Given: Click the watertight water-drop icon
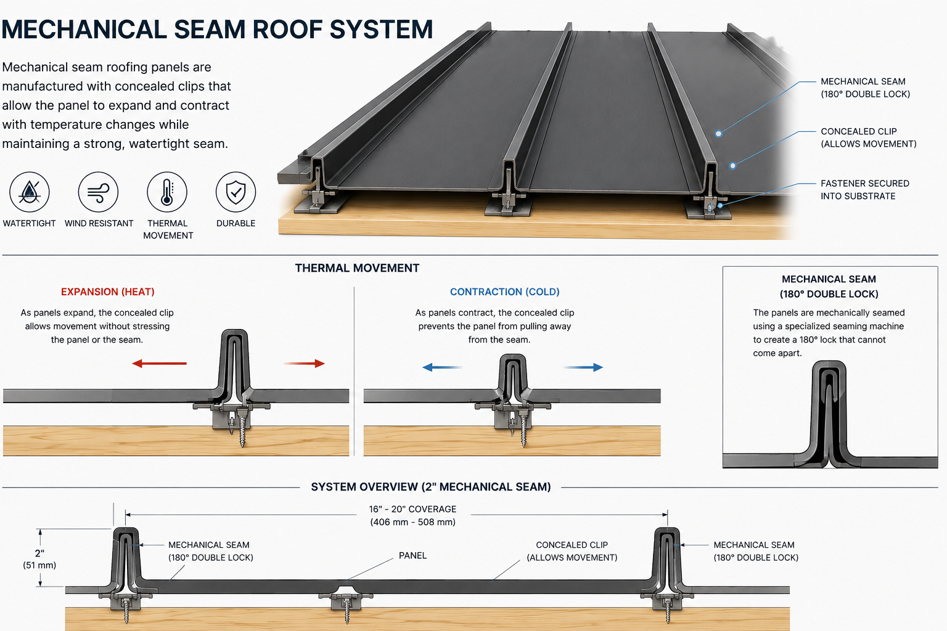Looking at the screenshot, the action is point(29,192).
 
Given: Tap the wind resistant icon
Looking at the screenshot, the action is point(98,192).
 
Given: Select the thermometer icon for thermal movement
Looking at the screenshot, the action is point(167,192).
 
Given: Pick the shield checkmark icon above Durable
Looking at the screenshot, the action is point(236,192).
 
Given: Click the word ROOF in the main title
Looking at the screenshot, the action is point(286,29).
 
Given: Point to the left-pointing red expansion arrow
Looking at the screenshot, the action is point(160,363).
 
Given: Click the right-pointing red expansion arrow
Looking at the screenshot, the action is point(304,363).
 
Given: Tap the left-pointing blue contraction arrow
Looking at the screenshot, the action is point(442,367).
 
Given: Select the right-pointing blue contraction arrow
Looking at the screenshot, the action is point(583,367).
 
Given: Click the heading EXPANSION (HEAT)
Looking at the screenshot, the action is point(108,291).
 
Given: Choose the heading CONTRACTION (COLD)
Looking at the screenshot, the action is point(505,291).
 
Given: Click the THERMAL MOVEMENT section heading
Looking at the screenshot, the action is point(357,268).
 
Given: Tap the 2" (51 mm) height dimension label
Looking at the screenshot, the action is point(39,559).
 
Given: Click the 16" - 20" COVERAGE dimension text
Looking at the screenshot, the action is point(412,516).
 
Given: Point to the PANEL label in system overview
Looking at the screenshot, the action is point(412,555).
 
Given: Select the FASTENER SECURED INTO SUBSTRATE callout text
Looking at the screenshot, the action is point(864,190).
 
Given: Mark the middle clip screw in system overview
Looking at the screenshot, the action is point(347,610).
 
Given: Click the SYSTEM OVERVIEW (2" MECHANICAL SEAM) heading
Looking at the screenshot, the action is point(431,487).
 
